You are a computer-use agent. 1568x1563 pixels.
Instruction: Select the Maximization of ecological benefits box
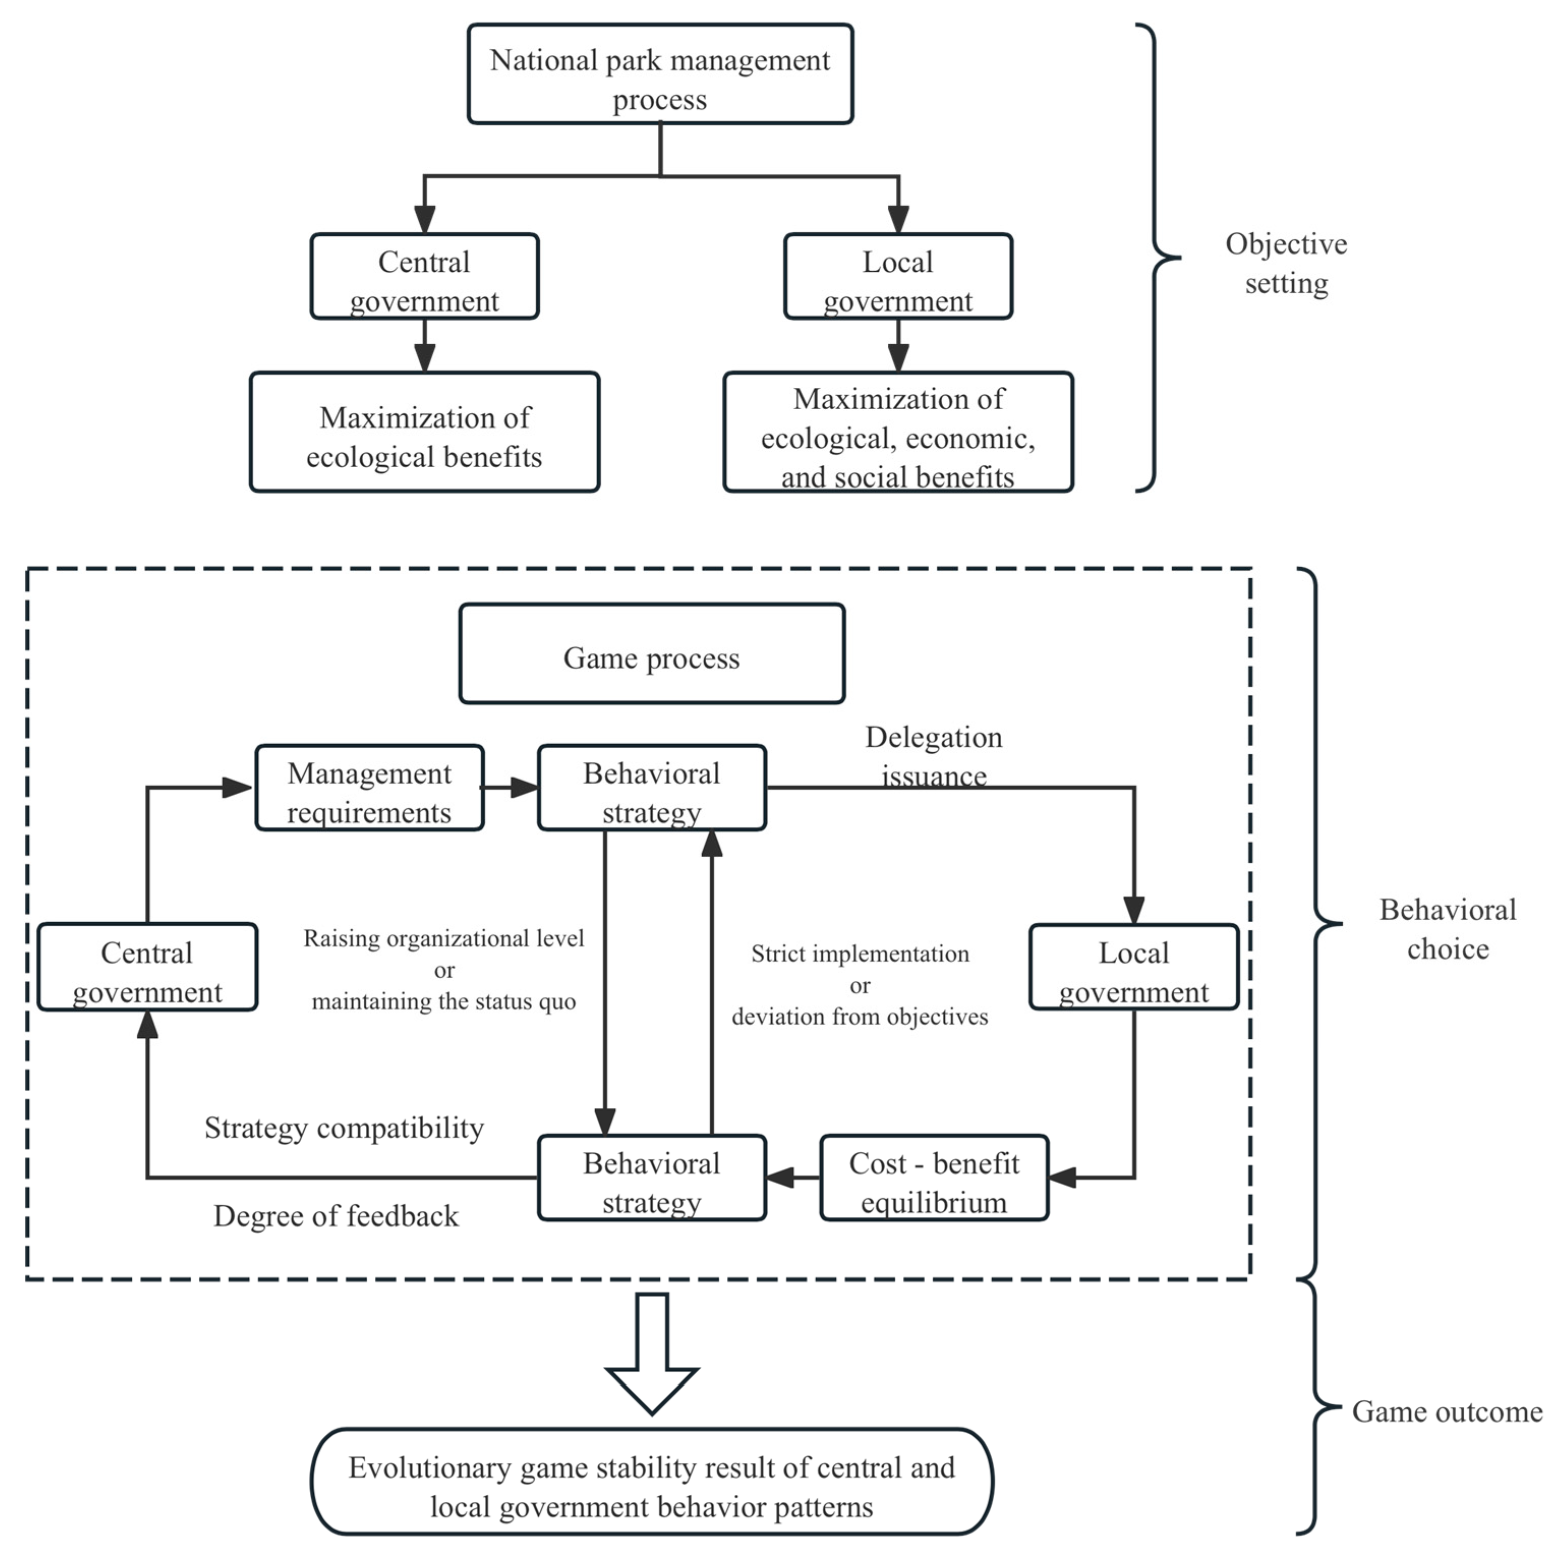(424, 433)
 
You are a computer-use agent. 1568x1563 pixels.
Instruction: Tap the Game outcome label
(1447, 1411)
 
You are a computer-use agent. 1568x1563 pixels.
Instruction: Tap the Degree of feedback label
(336, 1215)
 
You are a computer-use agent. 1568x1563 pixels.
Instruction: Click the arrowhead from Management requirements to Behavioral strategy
(525, 787)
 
